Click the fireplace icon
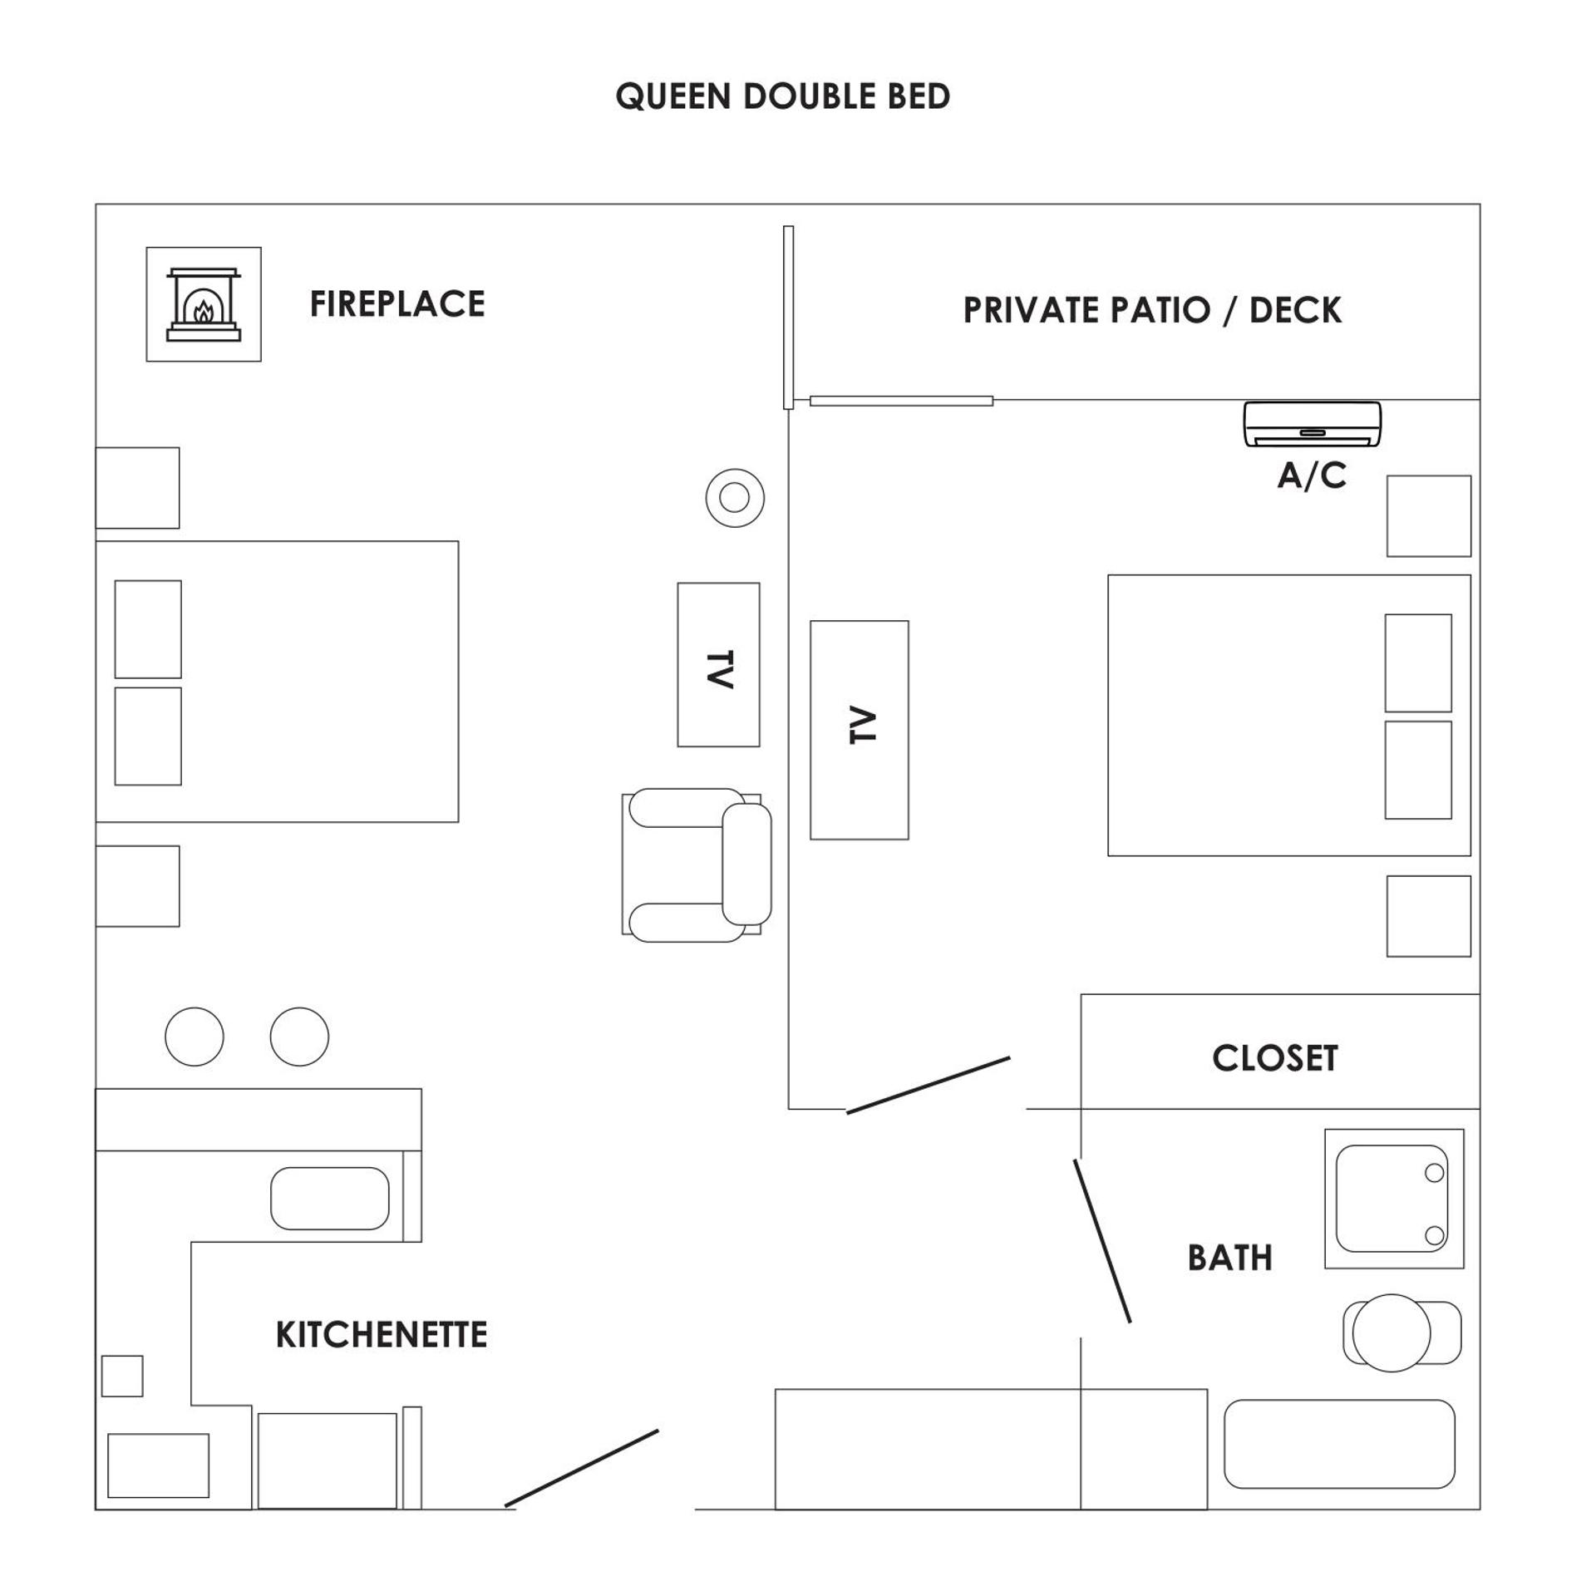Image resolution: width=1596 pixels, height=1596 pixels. [204, 304]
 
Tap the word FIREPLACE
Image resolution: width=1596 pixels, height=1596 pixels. [397, 304]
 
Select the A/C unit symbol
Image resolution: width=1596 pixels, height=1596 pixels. [1312, 424]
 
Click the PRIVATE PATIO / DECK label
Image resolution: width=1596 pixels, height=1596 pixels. [1151, 310]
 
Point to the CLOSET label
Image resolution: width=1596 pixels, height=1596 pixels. [1274, 1058]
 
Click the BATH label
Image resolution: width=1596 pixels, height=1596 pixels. [1229, 1258]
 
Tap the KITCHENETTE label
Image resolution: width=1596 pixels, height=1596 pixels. [381, 1334]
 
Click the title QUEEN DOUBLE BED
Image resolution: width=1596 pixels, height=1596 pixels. [782, 96]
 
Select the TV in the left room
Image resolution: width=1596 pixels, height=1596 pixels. [718, 664]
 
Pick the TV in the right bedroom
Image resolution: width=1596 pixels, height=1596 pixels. [859, 730]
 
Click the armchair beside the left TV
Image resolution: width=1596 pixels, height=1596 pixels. [697, 864]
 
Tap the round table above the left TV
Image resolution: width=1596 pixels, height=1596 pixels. [735, 498]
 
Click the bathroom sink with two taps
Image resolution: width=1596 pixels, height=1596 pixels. [1393, 1198]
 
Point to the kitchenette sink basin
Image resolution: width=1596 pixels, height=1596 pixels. [329, 1198]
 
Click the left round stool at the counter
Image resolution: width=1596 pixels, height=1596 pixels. [195, 1037]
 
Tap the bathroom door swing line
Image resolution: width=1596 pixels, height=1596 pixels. [1102, 1240]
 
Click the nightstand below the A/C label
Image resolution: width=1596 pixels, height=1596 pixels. [1428, 516]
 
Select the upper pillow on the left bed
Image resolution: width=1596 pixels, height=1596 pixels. [148, 629]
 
